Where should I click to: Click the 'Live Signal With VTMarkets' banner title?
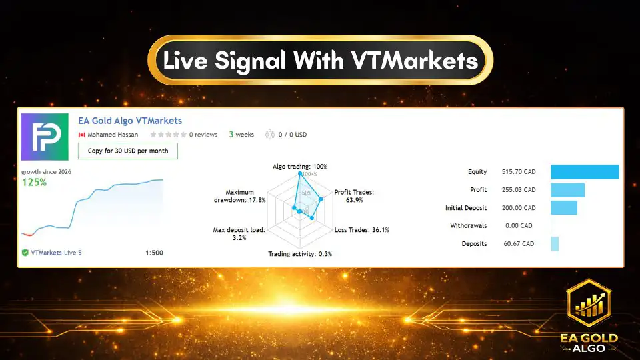[321, 61]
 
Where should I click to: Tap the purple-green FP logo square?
[45, 137]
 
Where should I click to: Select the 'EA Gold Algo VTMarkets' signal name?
[130, 121]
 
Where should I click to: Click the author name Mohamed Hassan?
[112, 135]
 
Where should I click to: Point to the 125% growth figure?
[35, 182]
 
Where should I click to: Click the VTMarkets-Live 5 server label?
[56, 253]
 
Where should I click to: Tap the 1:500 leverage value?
[154, 253]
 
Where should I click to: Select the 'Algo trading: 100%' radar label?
[300, 166]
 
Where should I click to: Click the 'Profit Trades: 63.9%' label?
[354, 195]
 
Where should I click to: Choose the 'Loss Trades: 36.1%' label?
[361, 230]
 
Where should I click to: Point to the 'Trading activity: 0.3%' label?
[300, 254]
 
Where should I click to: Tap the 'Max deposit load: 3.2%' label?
[239, 233]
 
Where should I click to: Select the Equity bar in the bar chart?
[585, 172]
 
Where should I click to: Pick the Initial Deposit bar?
[564, 208]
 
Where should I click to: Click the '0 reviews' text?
[203, 135]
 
